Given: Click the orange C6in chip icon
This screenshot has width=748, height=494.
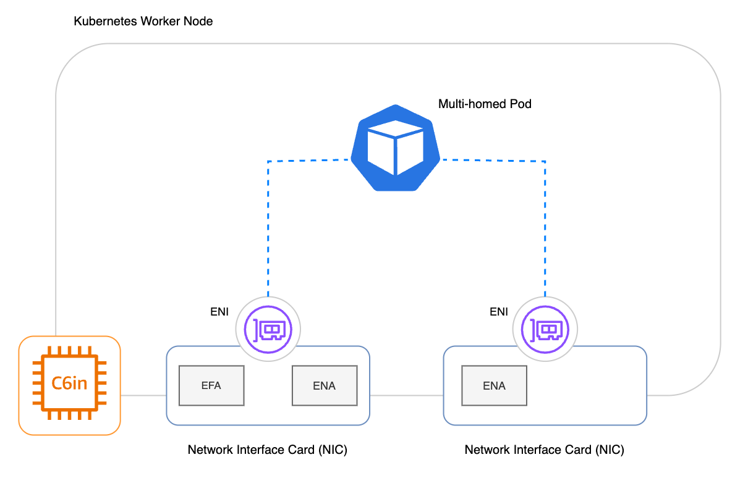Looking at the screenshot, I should [x=69, y=385].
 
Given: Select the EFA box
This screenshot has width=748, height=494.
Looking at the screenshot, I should [x=211, y=386].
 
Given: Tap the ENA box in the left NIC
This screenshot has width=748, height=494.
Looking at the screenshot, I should [x=324, y=386].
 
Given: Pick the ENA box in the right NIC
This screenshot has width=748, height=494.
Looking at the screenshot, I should [x=494, y=386].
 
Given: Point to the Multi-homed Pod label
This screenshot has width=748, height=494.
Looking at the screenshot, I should [x=485, y=104].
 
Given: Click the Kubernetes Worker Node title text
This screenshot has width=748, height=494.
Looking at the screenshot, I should [x=143, y=22].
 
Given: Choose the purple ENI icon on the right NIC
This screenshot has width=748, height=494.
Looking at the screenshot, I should [x=545, y=329].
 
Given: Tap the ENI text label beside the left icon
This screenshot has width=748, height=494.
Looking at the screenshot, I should [x=219, y=312].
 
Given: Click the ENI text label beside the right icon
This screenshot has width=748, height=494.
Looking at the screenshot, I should [x=498, y=312].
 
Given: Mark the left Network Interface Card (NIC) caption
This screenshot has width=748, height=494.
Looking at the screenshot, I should [x=267, y=450].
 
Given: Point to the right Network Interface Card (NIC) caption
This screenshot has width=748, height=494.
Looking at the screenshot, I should [x=544, y=450].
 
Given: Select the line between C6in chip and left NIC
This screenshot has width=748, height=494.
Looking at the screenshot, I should [x=143, y=395].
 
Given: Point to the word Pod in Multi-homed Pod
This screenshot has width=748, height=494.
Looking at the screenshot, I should [x=521, y=104].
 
